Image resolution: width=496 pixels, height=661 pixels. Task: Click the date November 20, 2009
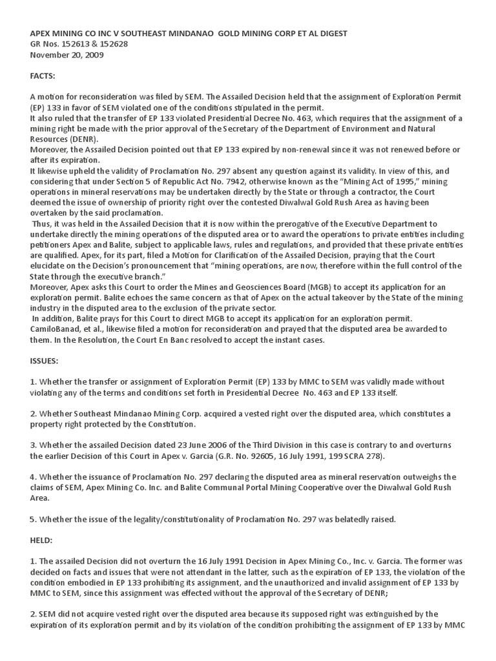point(67,55)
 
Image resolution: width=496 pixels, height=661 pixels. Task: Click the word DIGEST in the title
point(332,33)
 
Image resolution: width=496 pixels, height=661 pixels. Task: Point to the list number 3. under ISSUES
point(34,445)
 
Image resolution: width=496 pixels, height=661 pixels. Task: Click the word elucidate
point(51,265)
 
